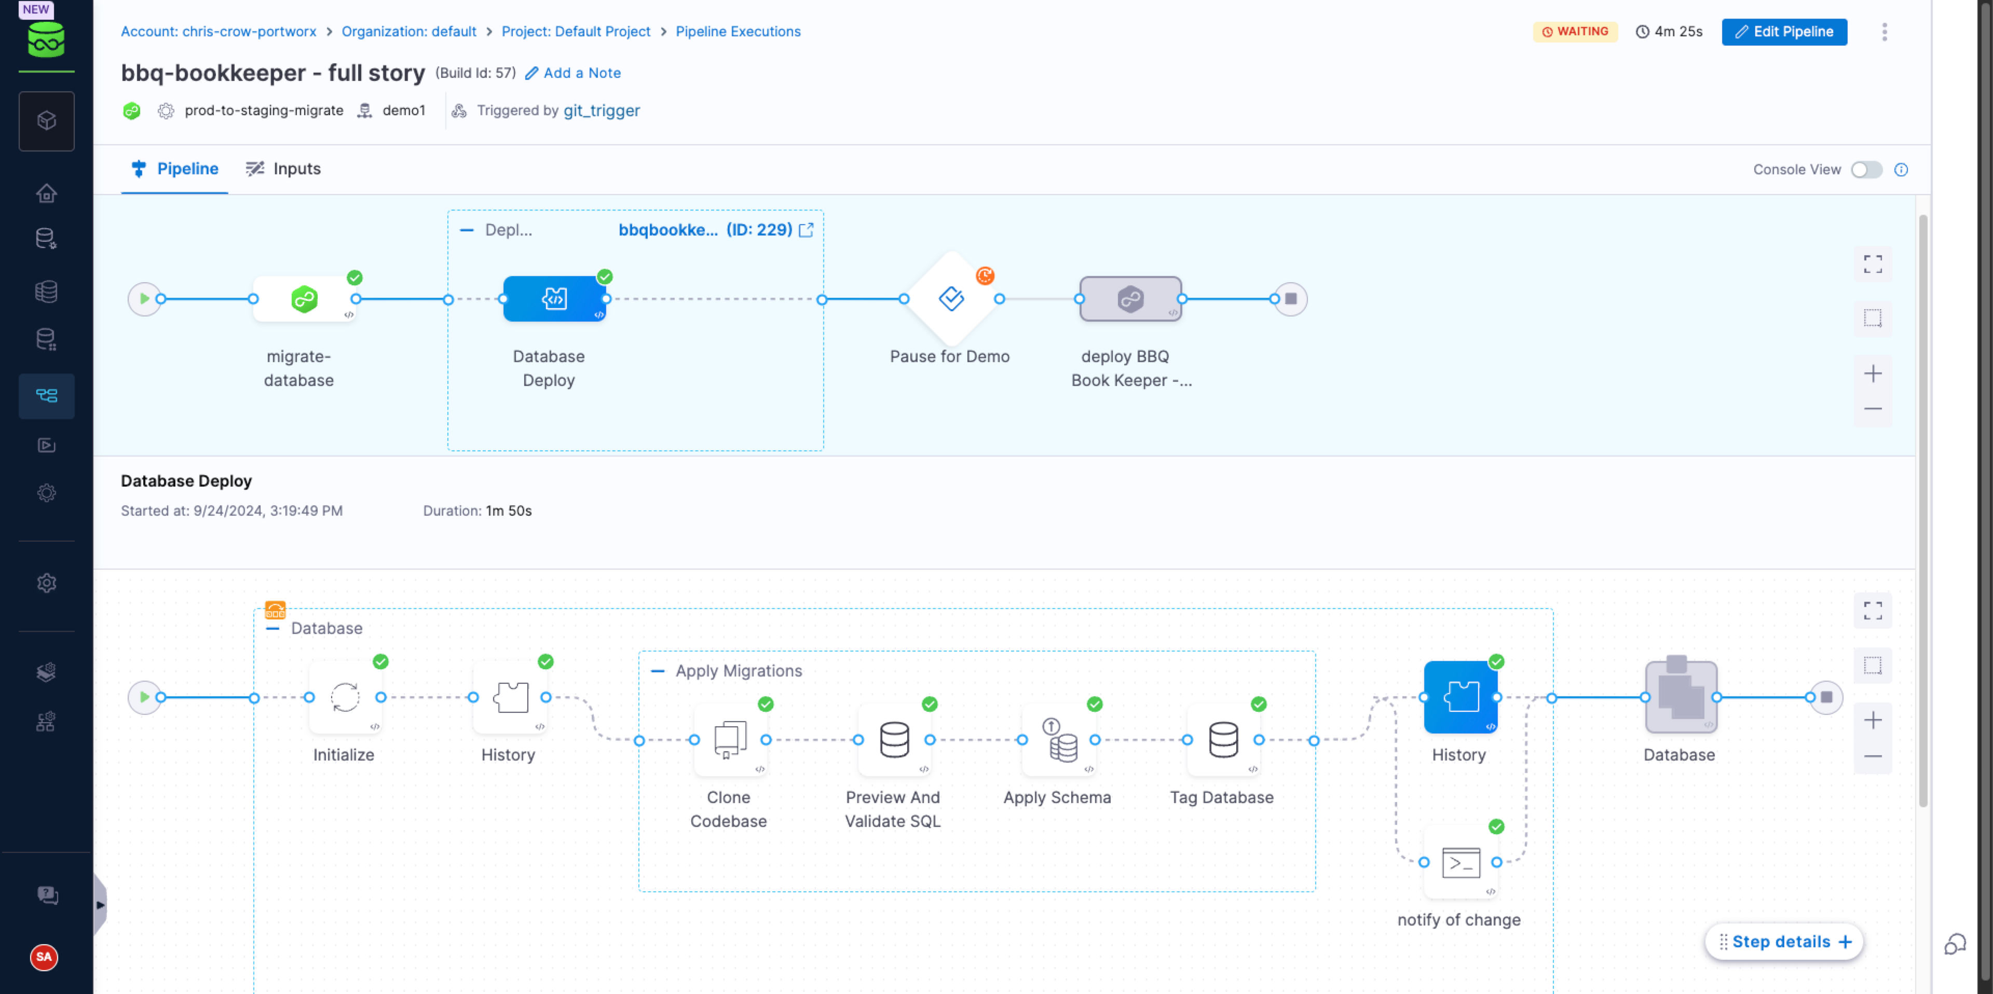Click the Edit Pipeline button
(1784, 32)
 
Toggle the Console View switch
(1866, 170)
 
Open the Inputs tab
(283, 169)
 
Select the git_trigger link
(602, 111)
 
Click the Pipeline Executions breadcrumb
(738, 32)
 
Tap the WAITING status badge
(1575, 32)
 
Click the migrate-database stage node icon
(304, 299)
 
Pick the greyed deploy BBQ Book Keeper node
(1130, 299)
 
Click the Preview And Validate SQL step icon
(894, 739)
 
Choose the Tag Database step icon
(1223, 739)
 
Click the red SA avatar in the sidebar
(44, 957)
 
